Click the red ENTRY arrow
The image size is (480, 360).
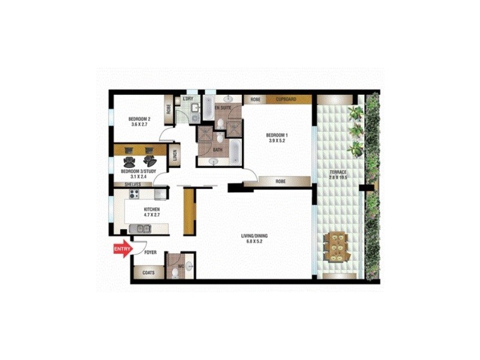(122, 249)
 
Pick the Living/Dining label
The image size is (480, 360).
(254, 239)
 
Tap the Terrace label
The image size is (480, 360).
(338, 175)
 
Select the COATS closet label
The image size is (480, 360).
(149, 273)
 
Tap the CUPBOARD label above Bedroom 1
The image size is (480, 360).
(286, 100)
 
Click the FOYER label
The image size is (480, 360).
(151, 253)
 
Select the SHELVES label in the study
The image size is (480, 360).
(133, 185)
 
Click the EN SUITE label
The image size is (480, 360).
(224, 108)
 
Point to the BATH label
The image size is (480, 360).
(218, 149)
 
